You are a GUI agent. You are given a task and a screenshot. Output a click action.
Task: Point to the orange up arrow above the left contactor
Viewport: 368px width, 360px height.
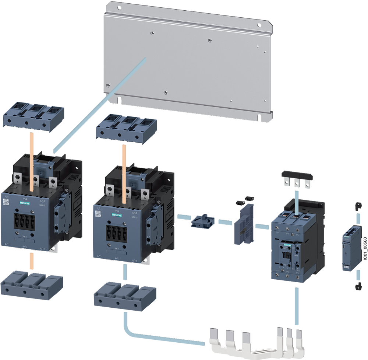click(x=32, y=147)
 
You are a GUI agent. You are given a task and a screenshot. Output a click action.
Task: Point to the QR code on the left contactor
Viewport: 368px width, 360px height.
click(x=6, y=202)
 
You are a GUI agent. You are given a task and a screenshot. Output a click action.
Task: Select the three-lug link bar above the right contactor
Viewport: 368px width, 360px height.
click(x=297, y=181)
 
